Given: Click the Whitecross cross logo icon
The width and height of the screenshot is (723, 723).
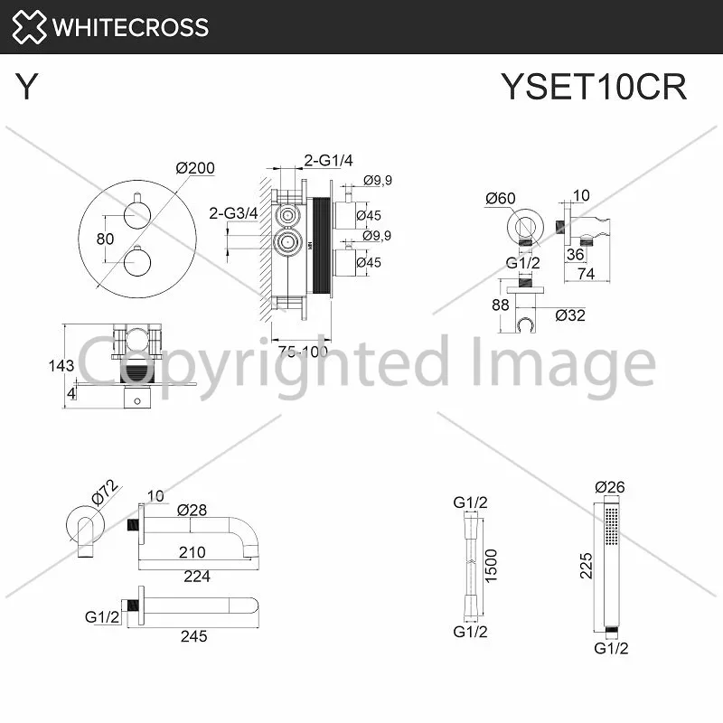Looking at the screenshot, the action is click(x=29, y=27).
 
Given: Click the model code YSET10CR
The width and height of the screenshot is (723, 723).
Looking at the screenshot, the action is click(x=594, y=87).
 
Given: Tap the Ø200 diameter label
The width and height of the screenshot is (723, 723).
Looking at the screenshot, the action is click(x=195, y=168).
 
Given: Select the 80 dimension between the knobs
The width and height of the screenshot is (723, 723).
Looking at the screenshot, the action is click(x=105, y=239).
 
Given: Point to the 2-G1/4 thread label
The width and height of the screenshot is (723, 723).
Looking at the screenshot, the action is click(x=328, y=160).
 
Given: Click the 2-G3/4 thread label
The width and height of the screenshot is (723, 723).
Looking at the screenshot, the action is click(x=233, y=213).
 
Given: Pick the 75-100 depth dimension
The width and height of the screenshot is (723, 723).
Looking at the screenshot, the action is click(x=303, y=352).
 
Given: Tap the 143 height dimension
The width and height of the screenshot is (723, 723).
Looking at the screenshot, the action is click(x=61, y=366).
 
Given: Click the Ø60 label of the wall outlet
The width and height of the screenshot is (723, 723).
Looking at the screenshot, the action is click(x=501, y=198).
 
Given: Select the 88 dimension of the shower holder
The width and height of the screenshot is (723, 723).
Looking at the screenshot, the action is click(x=501, y=305).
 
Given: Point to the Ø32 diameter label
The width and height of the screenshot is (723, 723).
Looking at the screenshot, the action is click(x=570, y=315).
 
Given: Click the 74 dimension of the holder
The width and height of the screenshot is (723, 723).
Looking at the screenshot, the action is click(x=586, y=274).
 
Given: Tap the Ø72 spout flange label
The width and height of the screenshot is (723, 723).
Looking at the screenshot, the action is click(x=105, y=492).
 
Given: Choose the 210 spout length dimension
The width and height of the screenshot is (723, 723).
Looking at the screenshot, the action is click(x=192, y=552).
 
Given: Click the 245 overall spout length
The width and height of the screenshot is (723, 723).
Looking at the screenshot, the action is click(x=193, y=636).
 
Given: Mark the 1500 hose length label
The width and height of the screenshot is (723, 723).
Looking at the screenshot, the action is click(x=491, y=566).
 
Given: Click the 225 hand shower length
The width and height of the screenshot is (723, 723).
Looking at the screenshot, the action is click(x=586, y=566).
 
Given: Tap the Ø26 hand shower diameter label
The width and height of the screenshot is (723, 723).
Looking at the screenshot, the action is click(x=609, y=487).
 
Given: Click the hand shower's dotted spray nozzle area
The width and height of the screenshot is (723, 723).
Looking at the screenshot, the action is click(x=612, y=526).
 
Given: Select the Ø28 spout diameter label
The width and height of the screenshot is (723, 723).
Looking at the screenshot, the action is click(x=192, y=510).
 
